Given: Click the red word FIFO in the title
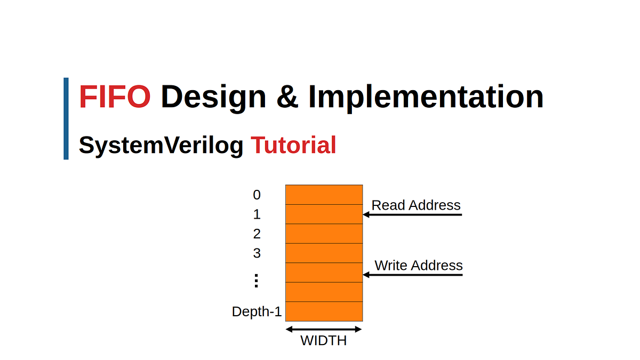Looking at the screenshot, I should [x=115, y=98].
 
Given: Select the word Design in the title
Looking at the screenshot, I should [x=214, y=98].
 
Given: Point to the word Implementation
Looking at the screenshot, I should [x=426, y=98].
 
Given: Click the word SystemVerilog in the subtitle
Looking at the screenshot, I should [x=161, y=145].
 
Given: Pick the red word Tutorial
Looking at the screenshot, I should [x=293, y=145].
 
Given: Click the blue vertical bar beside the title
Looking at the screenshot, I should [x=66, y=118].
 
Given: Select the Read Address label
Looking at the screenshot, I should [x=416, y=205].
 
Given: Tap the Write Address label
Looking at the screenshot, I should [x=419, y=265].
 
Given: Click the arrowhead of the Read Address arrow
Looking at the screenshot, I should [x=366, y=215].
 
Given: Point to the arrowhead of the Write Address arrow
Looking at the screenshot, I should [x=366, y=275].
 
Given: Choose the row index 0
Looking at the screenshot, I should [x=257, y=195].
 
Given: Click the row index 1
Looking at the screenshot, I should [x=257, y=214].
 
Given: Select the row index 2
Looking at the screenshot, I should [x=257, y=234].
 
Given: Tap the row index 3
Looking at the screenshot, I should [x=257, y=253].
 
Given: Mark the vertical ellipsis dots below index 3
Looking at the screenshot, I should [x=256, y=281].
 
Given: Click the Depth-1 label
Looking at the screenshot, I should [x=257, y=311].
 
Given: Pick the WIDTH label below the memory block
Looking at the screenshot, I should [x=324, y=340].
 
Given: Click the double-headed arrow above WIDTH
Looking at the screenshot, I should [x=324, y=329].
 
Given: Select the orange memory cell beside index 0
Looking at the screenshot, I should [x=324, y=195].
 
